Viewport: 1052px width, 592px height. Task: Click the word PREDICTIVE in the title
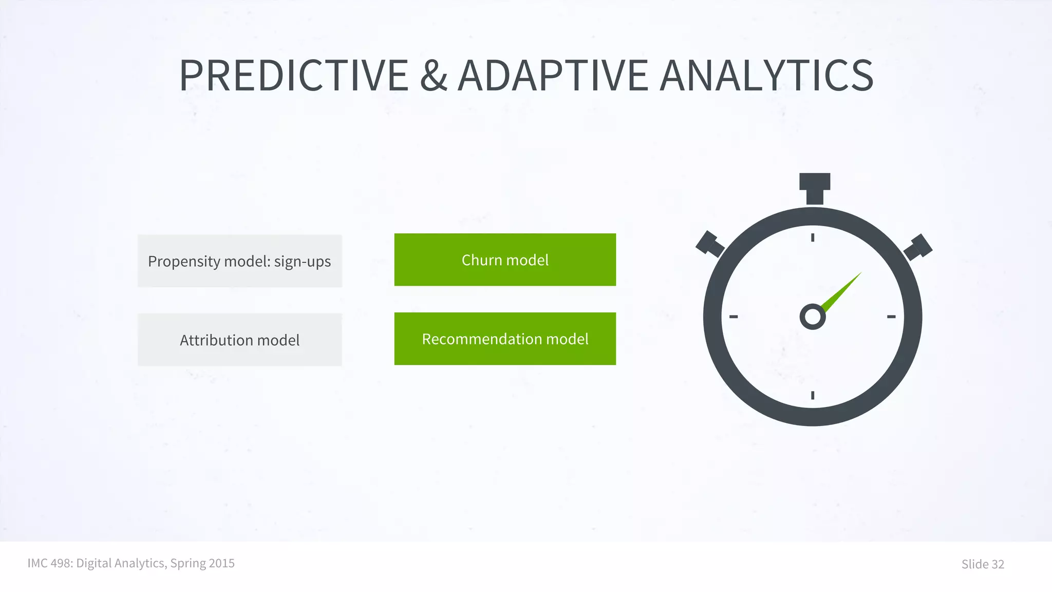click(x=294, y=76)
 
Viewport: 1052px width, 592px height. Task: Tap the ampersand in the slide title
click(x=434, y=76)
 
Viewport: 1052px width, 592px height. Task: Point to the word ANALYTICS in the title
click(x=766, y=76)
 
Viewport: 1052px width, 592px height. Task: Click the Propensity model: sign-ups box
click(x=239, y=261)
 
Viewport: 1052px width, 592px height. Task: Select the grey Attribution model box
click(x=239, y=340)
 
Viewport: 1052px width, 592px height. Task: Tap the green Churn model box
click(x=505, y=260)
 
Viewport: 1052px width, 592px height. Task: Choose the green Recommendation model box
click(x=505, y=339)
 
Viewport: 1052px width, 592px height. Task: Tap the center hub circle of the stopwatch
click(x=813, y=317)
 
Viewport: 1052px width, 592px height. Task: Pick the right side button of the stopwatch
click(x=918, y=247)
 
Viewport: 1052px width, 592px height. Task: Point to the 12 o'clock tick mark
click(x=813, y=237)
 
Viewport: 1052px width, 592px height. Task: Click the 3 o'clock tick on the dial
click(x=891, y=317)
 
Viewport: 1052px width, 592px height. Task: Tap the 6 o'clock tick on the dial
click(x=813, y=395)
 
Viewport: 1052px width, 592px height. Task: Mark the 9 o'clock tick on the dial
click(x=734, y=317)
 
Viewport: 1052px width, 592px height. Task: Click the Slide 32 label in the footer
click(x=982, y=564)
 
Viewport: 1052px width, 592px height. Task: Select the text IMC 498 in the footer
click(x=49, y=563)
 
